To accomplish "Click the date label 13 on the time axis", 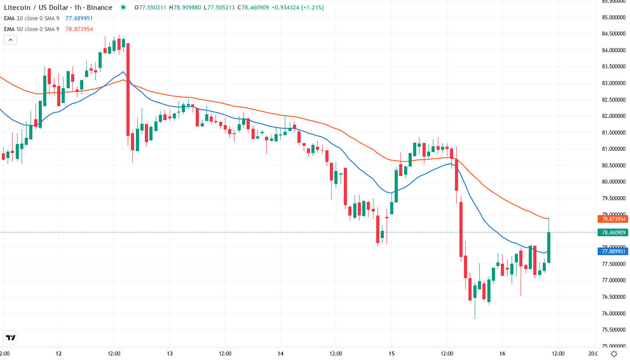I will click(x=170, y=353).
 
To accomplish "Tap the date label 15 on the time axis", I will click(x=391, y=353).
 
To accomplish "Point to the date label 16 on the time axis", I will click(x=503, y=353).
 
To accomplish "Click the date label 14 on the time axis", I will click(x=280, y=353).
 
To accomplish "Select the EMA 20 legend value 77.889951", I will click(x=79, y=18).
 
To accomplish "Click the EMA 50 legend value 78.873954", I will click(x=79, y=29).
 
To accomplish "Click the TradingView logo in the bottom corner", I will click(x=11, y=337).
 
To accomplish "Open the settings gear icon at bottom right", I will click(x=613, y=353).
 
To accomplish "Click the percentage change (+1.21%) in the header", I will click(x=310, y=8).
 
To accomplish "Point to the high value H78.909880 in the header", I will click(x=185, y=8).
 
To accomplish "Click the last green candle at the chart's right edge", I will click(x=549, y=247).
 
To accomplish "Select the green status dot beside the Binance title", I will click(x=123, y=8).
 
